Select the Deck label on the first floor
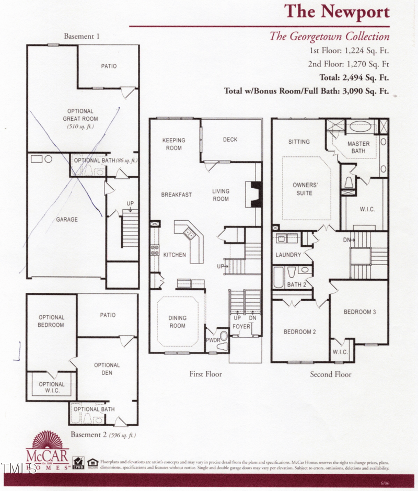click(230, 140)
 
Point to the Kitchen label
click(175, 255)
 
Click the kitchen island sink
click(187, 234)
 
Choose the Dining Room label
click(177, 322)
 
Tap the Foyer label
click(241, 327)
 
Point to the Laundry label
click(288, 255)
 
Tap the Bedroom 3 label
click(359, 312)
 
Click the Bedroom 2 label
click(300, 332)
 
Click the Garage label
click(67, 220)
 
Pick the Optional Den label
click(107, 369)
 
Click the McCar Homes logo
click(48, 451)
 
